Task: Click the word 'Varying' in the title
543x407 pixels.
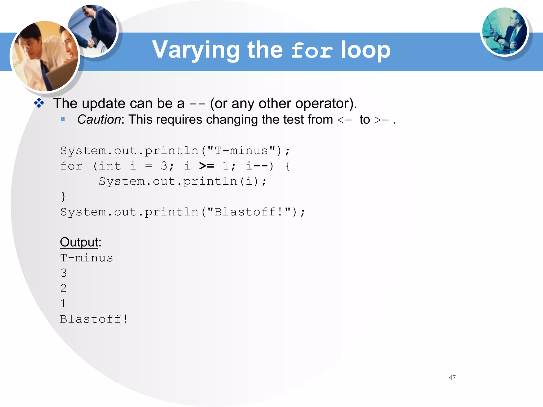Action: [196, 50]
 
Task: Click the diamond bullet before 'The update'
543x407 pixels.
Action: [39, 103]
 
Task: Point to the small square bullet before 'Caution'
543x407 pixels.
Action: [63, 119]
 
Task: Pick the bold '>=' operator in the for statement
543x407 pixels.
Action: [207, 166]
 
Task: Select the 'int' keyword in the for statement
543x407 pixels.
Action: [110, 166]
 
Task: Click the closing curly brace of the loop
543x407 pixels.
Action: [63, 197]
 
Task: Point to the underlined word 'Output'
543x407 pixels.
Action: [79, 242]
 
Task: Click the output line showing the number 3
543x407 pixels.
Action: [64, 273]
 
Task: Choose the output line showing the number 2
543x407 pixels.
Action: [64, 288]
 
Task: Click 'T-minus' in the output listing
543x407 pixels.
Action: [87, 258]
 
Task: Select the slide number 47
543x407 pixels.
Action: [452, 377]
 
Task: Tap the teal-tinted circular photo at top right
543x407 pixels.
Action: [504, 31]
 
